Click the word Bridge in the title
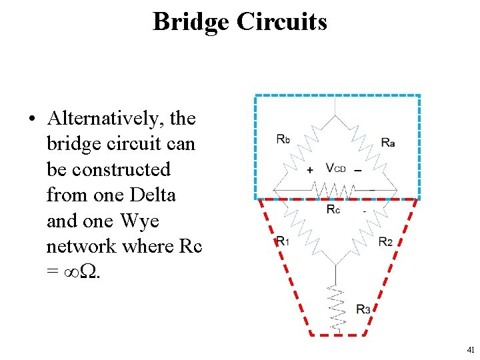point(191,22)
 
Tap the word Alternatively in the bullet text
point(107,119)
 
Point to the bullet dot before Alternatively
point(31,120)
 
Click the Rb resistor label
point(283,140)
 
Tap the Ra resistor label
point(388,141)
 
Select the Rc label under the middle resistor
point(333,209)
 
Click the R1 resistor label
point(283,241)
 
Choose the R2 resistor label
point(385,241)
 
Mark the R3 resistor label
point(363,309)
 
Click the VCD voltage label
point(335,168)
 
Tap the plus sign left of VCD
point(310,170)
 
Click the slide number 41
point(471,350)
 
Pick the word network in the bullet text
point(84,246)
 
